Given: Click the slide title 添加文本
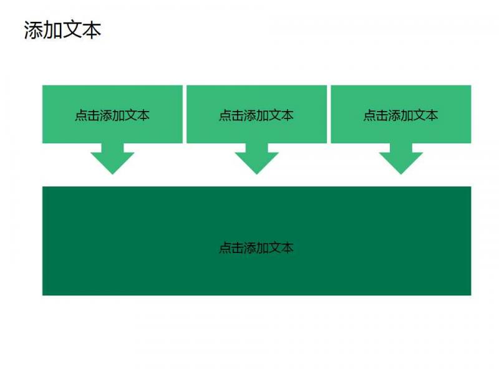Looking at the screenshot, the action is pyautogui.click(x=62, y=30).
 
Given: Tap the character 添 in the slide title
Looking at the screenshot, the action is pyautogui.click(x=34, y=30).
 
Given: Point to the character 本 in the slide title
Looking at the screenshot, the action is pyautogui.click(x=92, y=30).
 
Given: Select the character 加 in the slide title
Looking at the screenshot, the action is pyautogui.click(x=53, y=30).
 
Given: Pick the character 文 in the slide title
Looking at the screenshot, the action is pyautogui.click(x=72, y=30).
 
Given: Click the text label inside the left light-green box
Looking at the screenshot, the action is pyautogui.click(x=112, y=115).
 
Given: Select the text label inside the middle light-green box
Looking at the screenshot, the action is pyautogui.click(x=256, y=115).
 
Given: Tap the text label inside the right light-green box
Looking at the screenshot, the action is pyautogui.click(x=400, y=115).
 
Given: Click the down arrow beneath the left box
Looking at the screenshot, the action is pyautogui.click(x=112, y=158).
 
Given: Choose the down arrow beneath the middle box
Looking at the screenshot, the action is pyautogui.click(x=257, y=158).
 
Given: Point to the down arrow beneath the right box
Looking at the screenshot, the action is pyautogui.click(x=401, y=158).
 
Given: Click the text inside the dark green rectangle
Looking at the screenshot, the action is pyautogui.click(x=256, y=247).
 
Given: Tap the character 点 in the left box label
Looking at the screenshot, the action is pyautogui.click(x=81, y=115).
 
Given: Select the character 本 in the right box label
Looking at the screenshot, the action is pyautogui.click(x=432, y=115).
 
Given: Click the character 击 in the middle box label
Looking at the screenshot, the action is pyautogui.click(x=238, y=115).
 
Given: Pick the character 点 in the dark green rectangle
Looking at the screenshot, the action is pyautogui.click(x=225, y=247).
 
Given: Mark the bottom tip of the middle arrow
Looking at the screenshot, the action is pyautogui.click(x=257, y=175).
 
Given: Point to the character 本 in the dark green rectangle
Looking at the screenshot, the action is pyautogui.click(x=288, y=247).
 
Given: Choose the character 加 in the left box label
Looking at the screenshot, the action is pyautogui.click(x=119, y=115).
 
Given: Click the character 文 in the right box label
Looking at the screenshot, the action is pyautogui.click(x=420, y=115).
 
